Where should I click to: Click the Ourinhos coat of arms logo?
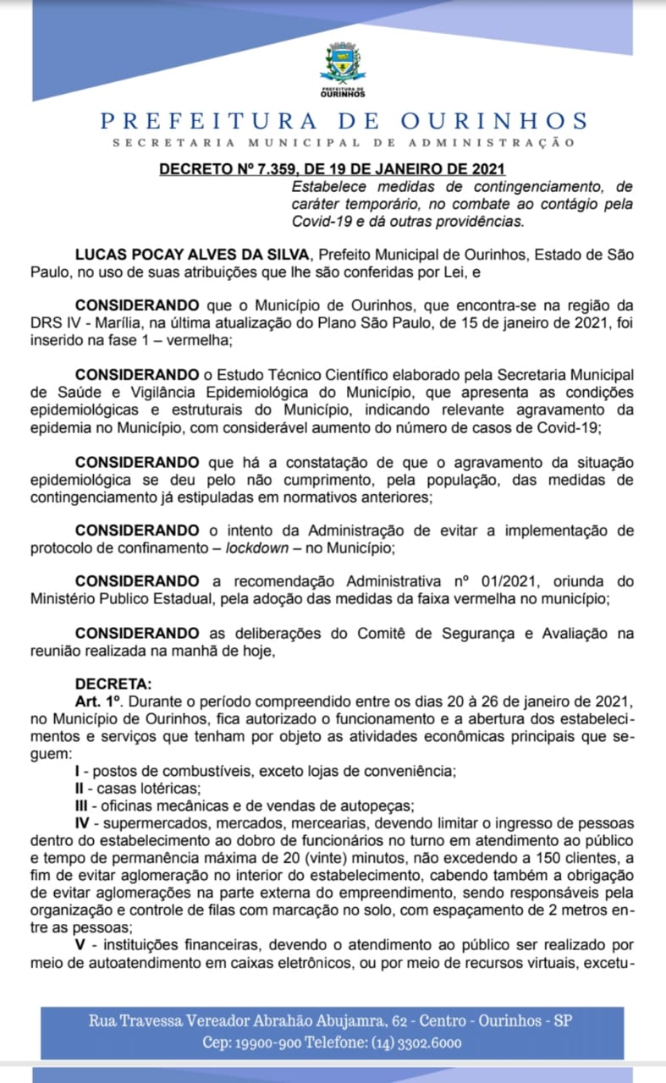343,68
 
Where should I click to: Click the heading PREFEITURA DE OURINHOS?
344,120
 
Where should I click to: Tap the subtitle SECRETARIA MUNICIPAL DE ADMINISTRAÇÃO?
344,143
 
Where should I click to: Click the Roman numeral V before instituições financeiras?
80,944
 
